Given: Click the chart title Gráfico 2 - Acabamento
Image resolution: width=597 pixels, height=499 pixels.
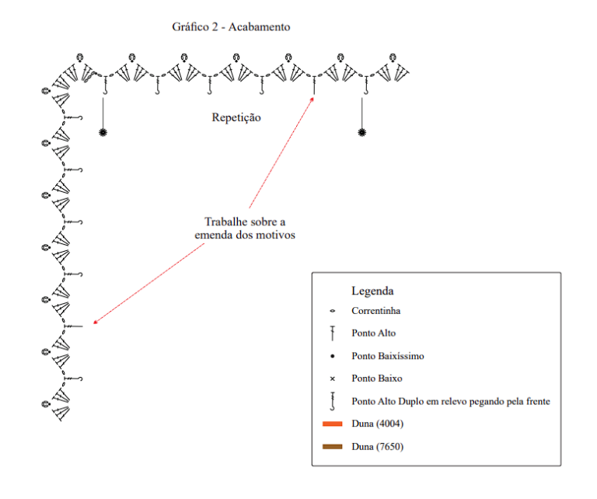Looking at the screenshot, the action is tap(231, 27).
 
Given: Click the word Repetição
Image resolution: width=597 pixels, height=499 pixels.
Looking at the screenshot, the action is tap(236, 117).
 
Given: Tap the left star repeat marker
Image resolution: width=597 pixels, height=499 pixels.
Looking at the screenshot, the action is tap(103, 132).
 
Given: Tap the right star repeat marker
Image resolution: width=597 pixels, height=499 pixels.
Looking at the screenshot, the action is tap(361, 132).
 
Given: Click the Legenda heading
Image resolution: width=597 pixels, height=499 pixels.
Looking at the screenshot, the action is tap(372, 291).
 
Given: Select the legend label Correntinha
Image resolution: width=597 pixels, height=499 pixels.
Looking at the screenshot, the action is tap(375, 311).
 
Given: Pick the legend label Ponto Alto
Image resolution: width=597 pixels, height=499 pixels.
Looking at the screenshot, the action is tap(373, 333).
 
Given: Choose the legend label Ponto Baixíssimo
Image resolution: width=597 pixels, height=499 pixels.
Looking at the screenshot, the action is tap(388, 356).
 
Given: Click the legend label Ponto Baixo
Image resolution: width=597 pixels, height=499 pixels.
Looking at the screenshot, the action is tap(376, 379).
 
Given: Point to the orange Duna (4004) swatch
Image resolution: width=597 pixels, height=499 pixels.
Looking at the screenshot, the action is tap(332, 424).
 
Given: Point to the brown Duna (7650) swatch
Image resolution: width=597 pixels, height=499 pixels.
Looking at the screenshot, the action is tap(332, 446).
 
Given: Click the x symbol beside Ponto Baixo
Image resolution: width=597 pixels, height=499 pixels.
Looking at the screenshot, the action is tap(333, 379).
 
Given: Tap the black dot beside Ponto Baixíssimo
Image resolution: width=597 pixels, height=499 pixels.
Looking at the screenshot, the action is tap(333, 356).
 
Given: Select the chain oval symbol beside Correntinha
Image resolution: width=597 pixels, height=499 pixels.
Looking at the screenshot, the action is tap(333, 311).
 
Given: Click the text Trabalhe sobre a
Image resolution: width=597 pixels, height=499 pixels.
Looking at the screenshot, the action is tap(245, 222).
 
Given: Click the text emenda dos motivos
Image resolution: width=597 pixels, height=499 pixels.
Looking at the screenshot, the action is tap(245, 235).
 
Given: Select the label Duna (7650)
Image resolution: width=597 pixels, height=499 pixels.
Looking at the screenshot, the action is tap(377, 446).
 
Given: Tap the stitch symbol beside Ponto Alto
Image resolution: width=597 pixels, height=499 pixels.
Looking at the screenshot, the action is tap(333, 333).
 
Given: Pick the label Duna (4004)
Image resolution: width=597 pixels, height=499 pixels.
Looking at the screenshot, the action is tap(377, 424).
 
